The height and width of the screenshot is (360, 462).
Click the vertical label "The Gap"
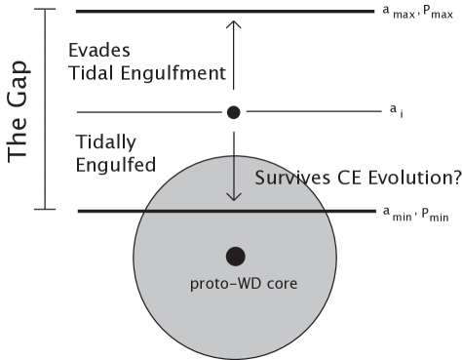click(x=18, y=112)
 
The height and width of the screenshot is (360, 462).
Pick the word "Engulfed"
click(x=115, y=165)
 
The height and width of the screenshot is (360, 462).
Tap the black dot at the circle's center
click(x=235, y=256)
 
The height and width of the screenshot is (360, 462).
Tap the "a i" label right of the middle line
click(x=392, y=113)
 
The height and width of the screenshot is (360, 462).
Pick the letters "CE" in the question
click(x=348, y=179)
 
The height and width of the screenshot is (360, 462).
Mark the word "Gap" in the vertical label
click(x=18, y=85)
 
